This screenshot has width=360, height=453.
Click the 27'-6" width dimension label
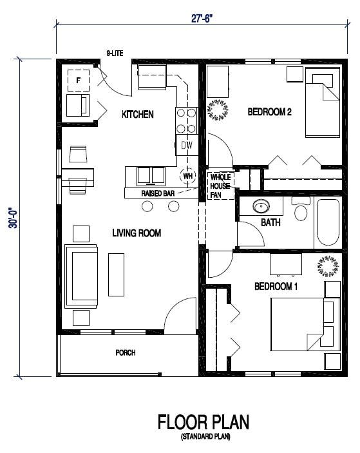202,19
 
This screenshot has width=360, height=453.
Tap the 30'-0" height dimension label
14,218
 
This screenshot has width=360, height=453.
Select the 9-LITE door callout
115,53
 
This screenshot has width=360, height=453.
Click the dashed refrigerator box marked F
78,81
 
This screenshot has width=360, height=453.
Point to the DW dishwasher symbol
187,145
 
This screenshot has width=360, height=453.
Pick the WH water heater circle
187,176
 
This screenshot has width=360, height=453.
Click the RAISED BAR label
158,193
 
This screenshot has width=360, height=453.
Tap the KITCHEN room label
138,115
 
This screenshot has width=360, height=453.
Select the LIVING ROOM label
137,233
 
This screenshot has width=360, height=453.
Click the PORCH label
126,352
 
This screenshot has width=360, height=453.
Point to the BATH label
270,222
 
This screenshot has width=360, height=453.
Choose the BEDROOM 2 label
269,112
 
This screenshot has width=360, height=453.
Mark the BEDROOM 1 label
276,287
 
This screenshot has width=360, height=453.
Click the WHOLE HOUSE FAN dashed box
221,186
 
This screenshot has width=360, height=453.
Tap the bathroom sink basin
261,206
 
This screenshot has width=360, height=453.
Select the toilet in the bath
301,209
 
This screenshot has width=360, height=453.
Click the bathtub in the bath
328,222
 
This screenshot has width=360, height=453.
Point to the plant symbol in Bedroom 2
218,110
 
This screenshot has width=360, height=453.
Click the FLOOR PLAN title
204,422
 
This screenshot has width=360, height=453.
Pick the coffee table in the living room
117,275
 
